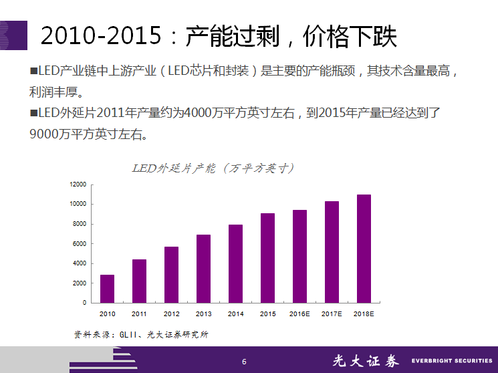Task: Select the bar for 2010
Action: point(107,289)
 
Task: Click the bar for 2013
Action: point(203,269)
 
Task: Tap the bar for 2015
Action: point(267,258)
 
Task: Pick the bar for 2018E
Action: point(364,249)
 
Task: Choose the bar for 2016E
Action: point(299,256)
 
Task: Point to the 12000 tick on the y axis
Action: point(78,184)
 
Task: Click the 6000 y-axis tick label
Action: point(80,243)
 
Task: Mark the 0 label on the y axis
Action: point(84,303)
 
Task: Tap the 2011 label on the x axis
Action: point(139,314)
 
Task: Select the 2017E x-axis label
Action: point(332,314)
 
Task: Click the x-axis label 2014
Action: point(235,314)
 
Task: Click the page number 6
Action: point(244,362)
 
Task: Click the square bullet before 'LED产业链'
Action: point(34,70)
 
